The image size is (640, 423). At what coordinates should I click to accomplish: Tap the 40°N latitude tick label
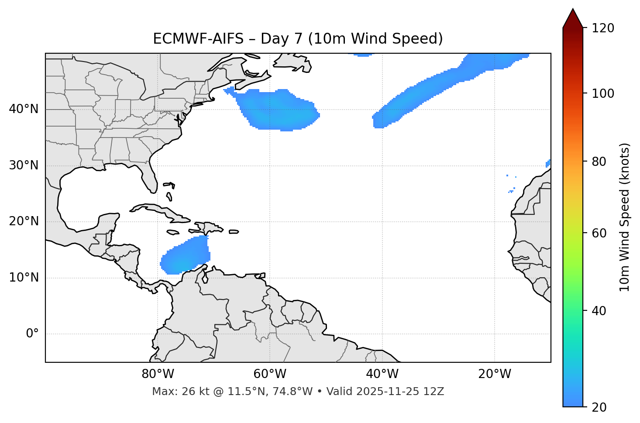coord(24,109)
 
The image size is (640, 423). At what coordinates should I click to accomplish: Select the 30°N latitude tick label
coord(24,165)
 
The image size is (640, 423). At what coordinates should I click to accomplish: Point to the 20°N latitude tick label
coord(24,221)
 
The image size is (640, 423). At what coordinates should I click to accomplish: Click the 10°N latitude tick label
coord(24,278)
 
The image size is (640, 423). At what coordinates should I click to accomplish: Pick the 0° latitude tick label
coord(32,334)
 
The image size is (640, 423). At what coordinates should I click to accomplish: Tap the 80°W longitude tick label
coord(158,374)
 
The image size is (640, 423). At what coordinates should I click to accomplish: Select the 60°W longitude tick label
coord(270,374)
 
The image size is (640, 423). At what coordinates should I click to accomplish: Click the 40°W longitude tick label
coord(382,374)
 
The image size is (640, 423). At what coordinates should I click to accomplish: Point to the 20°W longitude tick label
coord(495,374)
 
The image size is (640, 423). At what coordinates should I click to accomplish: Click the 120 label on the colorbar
coord(603,28)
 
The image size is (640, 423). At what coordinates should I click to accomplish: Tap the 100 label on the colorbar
coord(603,93)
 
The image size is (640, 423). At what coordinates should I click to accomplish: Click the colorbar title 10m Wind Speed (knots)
coord(625,217)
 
